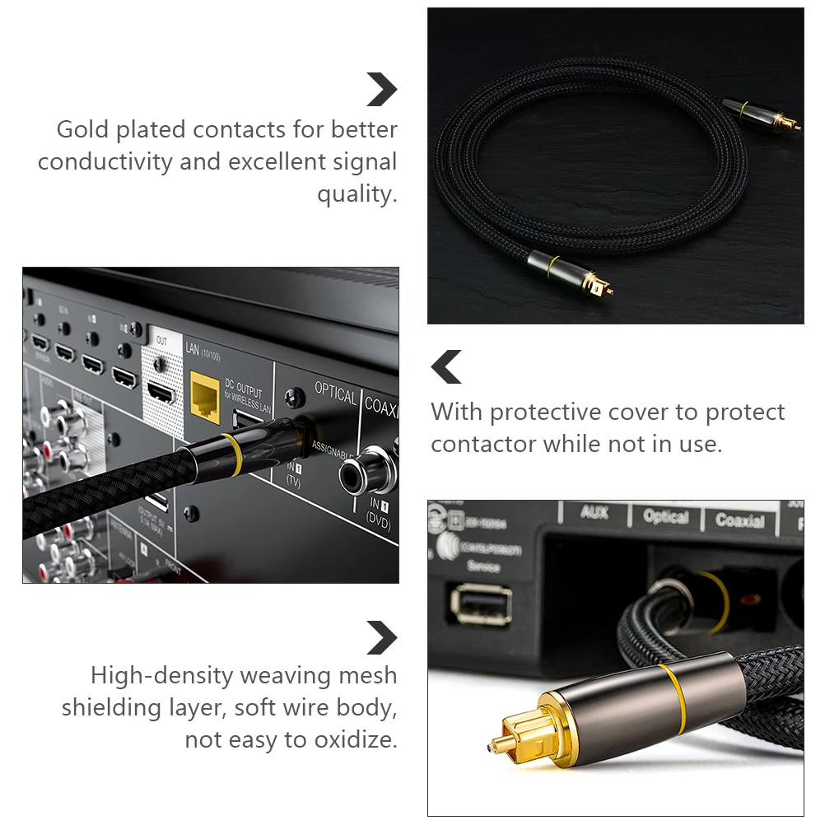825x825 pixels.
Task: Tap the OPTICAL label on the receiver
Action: (x=335, y=394)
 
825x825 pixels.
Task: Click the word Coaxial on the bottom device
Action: (x=739, y=520)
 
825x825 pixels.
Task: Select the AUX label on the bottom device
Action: (x=594, y=513)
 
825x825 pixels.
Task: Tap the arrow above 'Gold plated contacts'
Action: (x=381, y=89)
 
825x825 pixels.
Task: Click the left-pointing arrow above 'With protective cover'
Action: (x=447, y=367)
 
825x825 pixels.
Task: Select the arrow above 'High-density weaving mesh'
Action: (x=381, y=638)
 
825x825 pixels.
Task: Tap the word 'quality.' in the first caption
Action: (x=357, y=194)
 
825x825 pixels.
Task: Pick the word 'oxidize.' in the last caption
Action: (x=355, y=740)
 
